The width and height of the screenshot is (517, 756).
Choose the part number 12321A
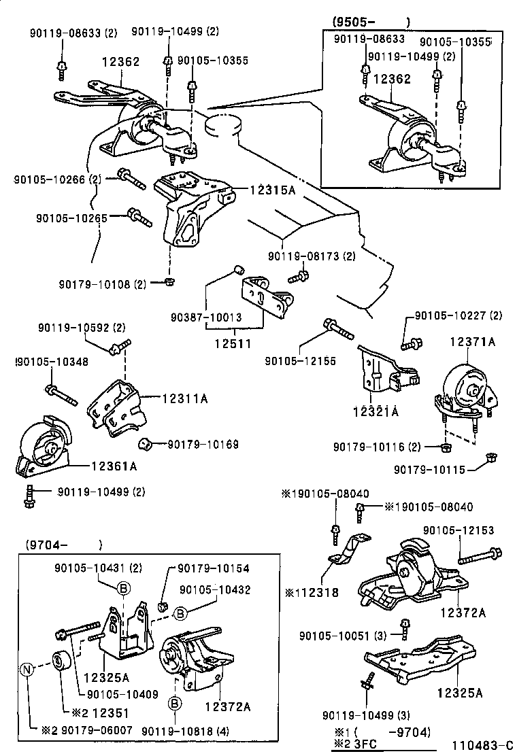(375, 411)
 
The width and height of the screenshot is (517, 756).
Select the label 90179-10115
(432, 469)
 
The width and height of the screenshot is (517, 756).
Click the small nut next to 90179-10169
(144, 445)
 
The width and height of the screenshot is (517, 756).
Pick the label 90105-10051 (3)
(343, 636)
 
